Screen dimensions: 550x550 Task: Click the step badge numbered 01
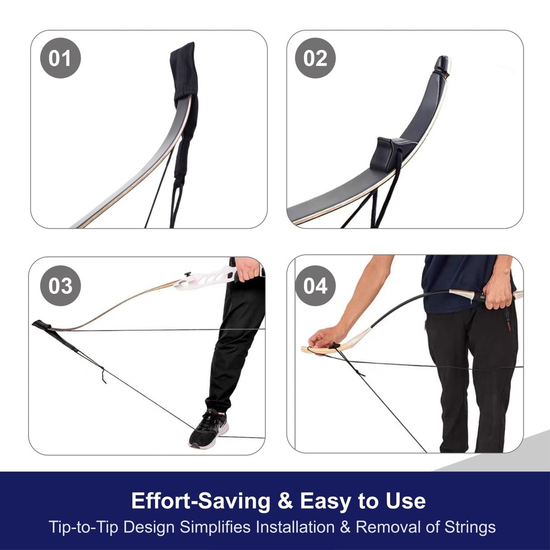[61, 58]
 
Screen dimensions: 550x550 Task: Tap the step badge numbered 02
[315, 58]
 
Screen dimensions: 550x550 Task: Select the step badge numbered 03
[61, 285]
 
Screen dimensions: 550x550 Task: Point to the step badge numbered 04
[315, 285]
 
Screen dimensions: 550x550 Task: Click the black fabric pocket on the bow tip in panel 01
[184, 72]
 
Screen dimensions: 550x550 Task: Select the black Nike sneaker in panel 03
[208, 428]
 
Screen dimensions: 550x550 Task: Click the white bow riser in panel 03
[205, 278]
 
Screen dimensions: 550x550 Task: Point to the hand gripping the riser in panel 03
[248, 268]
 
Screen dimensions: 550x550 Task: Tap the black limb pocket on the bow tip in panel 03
[43, 325]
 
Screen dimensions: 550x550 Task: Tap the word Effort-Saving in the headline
[201, 501]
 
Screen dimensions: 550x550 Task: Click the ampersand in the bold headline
[285, 501]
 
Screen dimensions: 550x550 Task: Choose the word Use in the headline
[405, 501]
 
